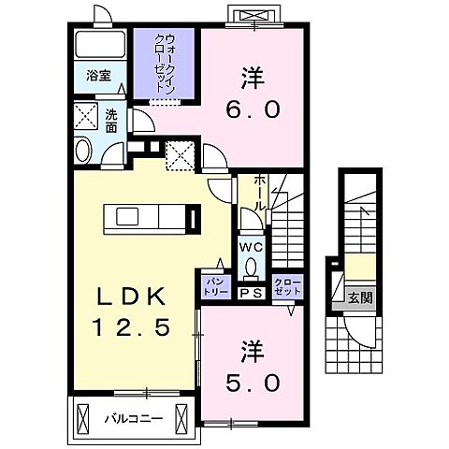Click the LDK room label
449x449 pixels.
(x=130, y=298)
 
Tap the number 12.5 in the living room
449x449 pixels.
(x=130, y=328)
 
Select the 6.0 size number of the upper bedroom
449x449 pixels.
(x=250, y=110)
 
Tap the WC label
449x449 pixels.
(x=251, y=246)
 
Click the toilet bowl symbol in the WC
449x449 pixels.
(x=251, y=267)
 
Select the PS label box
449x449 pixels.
(x=250, y=293)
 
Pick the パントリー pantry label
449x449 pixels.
(x=209, y=287)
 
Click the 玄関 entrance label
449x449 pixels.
(x=360, y=298)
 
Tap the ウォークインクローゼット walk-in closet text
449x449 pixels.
(x=164, y=61)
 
